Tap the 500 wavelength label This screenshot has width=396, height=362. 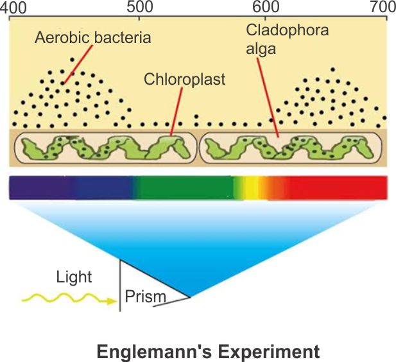[x=141, y=8]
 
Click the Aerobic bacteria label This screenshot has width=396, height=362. [x=94, y=38]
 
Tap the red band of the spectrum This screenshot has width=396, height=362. [x=340, y=187]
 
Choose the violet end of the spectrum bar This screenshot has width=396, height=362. [x=26, y=187]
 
